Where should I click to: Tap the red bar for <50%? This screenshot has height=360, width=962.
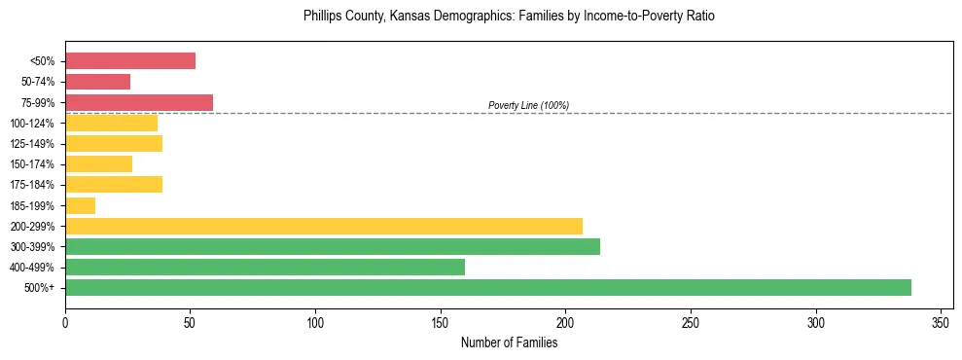(130, 61)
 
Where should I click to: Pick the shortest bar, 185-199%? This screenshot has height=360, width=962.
(80, 205)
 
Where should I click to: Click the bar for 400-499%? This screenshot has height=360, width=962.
(265, 267)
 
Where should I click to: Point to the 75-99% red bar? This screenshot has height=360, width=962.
(139, 102)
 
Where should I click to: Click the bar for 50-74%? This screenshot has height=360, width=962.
(97, 82)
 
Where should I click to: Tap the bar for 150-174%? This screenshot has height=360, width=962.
(98, 163)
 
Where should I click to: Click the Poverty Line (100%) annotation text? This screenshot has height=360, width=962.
(528, 105)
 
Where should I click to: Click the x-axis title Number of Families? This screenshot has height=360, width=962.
(509, 342)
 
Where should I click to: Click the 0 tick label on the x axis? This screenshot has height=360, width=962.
(65, 322)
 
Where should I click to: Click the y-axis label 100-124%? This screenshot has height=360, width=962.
(31, 124)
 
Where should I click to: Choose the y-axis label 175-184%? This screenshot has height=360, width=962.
(31, 185)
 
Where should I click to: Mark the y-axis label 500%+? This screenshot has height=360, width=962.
(38, 288)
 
